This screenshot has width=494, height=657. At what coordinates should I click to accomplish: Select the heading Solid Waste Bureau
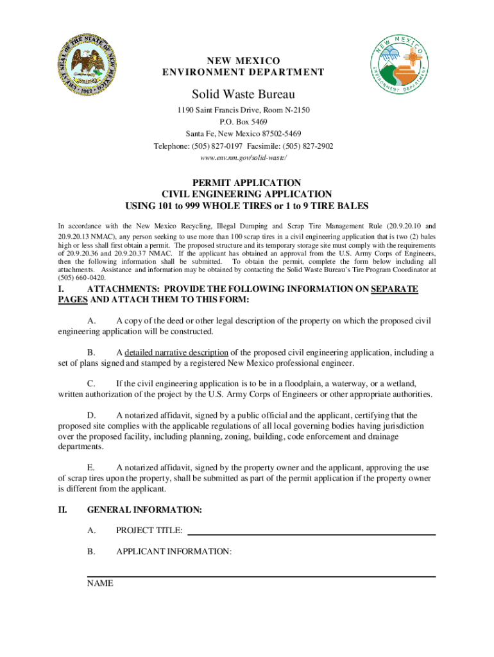pyautogui.click(x=243, y=95)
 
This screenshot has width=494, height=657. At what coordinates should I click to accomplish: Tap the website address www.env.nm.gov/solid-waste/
pyautogui.click(x=243, y=157)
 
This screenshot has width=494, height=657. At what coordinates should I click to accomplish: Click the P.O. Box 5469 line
pyautogui.click(x=243, y=122)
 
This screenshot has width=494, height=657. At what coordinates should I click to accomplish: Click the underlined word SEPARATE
pyautogui.click(x=394, y=289)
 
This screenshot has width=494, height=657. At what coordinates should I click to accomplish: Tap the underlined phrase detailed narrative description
pyautogui.click(x=176, y=352)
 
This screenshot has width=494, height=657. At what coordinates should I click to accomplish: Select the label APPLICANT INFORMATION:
pyautogui.click(x=173, y=552)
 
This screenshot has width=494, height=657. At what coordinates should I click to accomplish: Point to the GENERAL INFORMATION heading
pyautogui.click(x=144, y=509)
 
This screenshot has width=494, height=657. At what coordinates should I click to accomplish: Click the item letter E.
pyautogui.click(x=91, y=468)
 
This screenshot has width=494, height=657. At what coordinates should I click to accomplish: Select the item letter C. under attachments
pyautogui.click(x=91, y=384)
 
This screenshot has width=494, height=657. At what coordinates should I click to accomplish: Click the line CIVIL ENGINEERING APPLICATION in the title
pyautogui.click(x=247, y=194)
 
